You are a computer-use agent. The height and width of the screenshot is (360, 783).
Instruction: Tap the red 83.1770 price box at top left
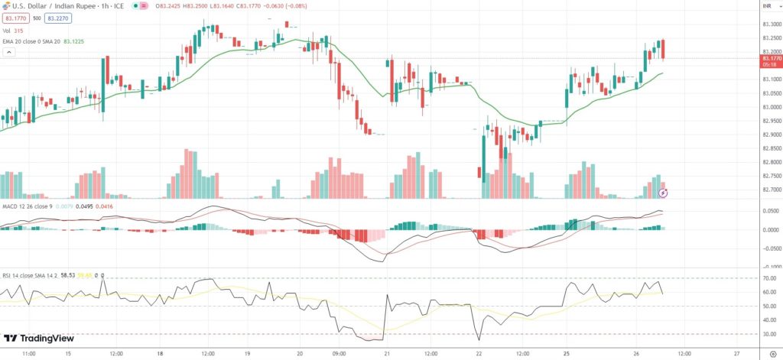(x=15, y=18)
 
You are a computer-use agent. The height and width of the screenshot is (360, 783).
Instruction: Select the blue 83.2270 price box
(x=57, y=18)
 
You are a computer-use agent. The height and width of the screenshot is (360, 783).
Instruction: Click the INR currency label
(x=766, y=7)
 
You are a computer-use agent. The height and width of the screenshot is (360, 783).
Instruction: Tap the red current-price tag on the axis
(x=770, y=58)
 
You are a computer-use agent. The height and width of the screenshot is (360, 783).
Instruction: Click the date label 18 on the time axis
(x=160, y=354)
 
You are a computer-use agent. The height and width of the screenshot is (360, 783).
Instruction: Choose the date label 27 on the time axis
(x=736, y=354)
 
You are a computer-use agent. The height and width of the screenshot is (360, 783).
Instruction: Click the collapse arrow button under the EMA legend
(x=9, y=53)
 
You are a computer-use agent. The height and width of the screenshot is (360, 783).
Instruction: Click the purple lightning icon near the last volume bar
(x=664, y=193)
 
